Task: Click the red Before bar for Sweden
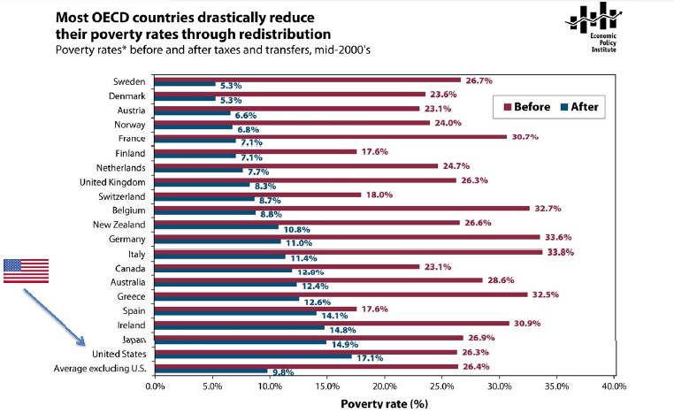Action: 307,80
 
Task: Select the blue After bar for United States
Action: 252,356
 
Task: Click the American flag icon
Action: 26,271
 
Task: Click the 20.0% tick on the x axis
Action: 384,386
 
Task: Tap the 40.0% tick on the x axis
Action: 613,386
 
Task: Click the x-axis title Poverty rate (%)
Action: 384,403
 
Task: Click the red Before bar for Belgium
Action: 342,209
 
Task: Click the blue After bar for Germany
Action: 218,241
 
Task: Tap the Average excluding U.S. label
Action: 100,368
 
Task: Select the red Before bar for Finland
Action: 256,151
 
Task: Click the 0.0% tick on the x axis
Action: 155,386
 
